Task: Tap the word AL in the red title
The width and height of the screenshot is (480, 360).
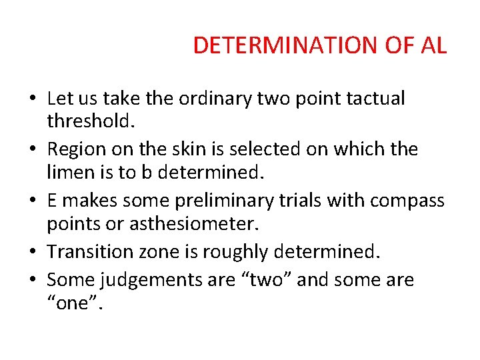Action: click(x=434, y=45)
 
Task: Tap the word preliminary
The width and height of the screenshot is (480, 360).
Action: click(x=215, y=199)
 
